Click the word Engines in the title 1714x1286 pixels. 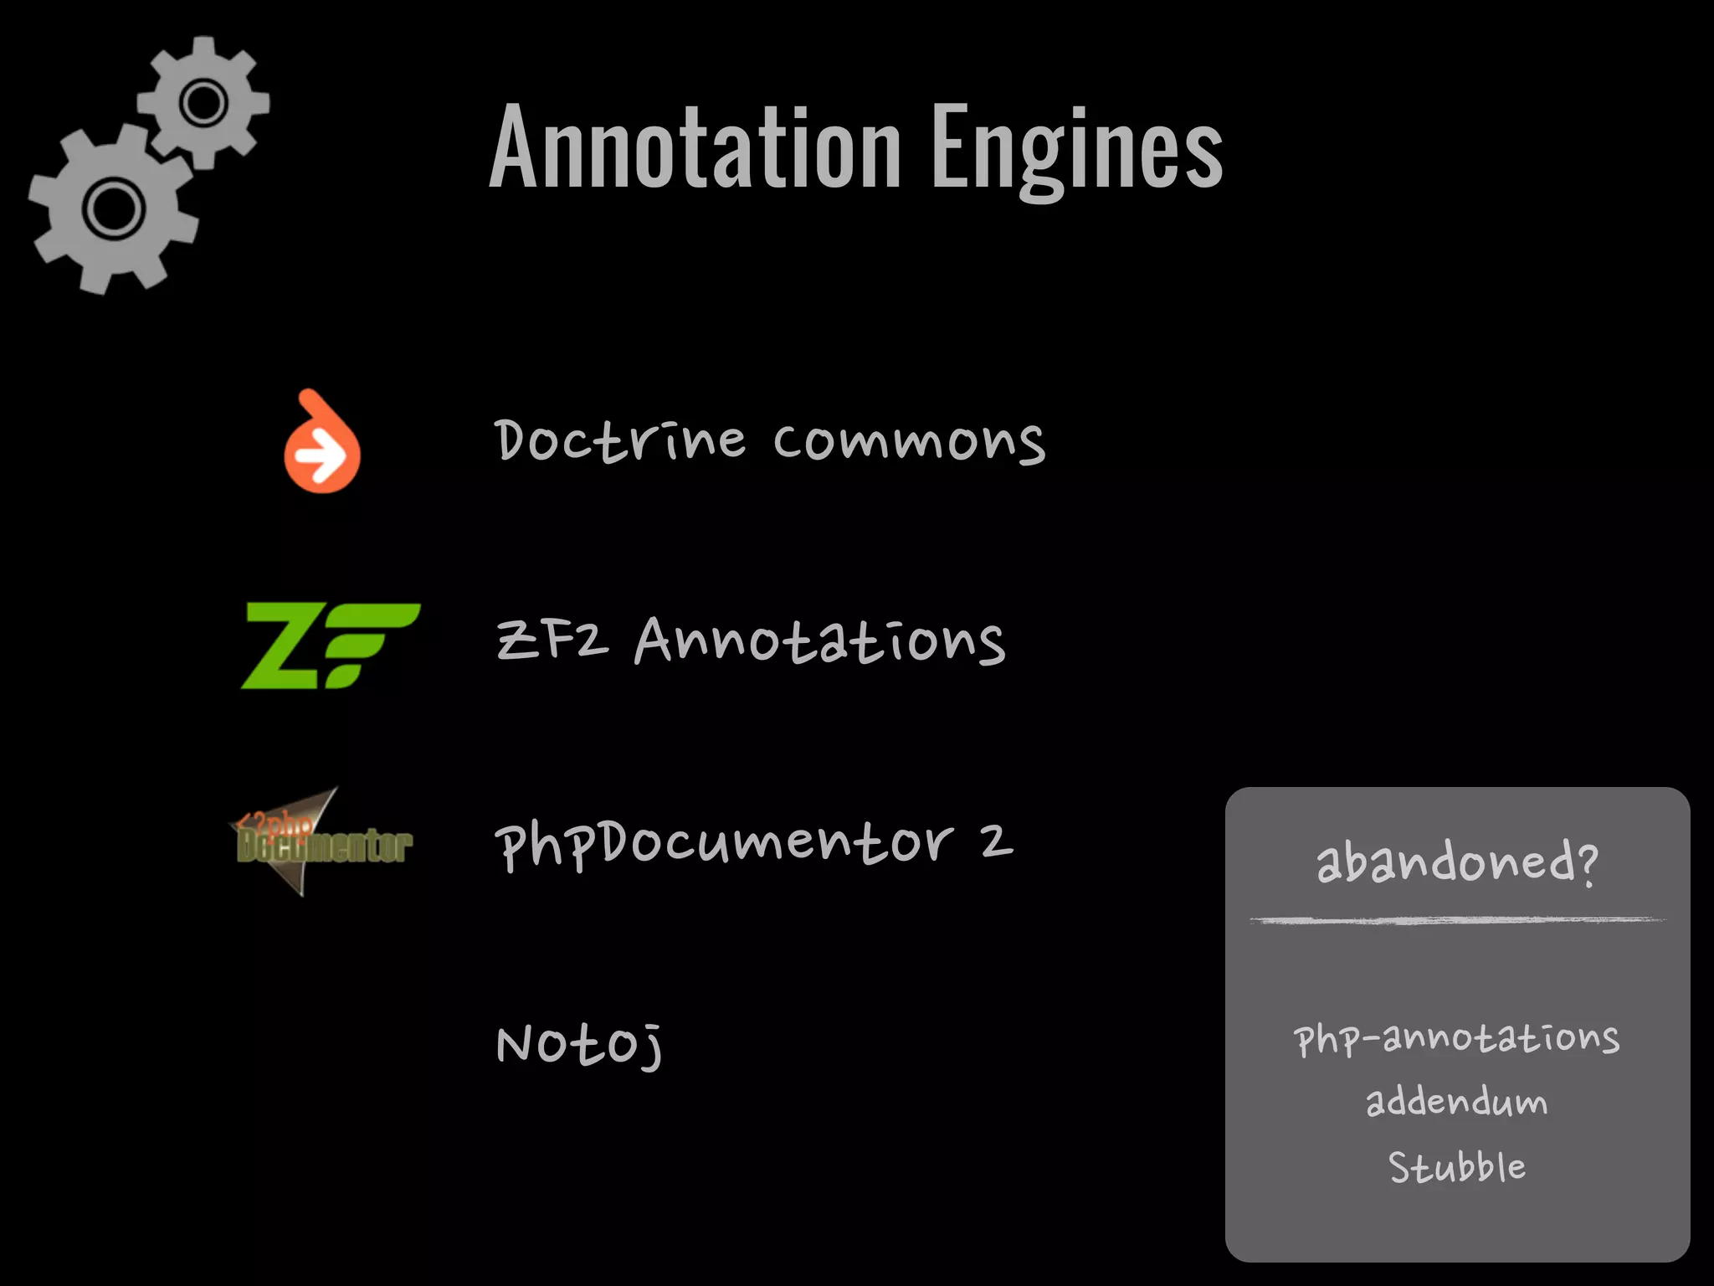coord(1077,149)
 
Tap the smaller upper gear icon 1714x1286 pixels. coord(203,103)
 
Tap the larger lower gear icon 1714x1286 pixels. coord(113,208)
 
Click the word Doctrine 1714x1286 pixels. coord(619,440)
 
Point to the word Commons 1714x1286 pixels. coord(909,442)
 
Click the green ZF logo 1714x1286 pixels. coord(330,646)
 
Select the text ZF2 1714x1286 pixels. coord(552,641)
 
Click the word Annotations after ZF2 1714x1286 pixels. coord(820,641)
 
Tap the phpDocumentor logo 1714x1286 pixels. coord(321,842)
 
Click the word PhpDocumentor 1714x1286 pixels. coord(724,844)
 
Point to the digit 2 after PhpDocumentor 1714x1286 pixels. coord(996,841)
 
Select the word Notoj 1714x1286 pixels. coord(579,1045)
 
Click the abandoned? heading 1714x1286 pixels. coord(1457,862)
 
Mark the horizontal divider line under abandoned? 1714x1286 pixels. coord(1457,920)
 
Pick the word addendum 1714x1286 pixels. coord(1457,1102)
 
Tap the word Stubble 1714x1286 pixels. coord(1457,1167)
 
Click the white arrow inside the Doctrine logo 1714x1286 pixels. coord(321,457)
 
